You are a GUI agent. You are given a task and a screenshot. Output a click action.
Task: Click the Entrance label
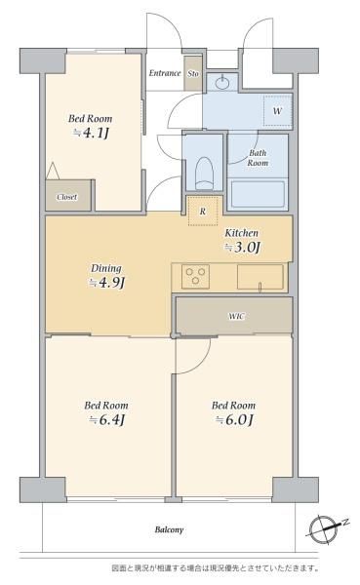(165, 73)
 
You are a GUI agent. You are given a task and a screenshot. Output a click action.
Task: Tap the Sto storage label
(193, 73)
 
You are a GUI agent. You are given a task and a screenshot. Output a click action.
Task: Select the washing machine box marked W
(277, 111)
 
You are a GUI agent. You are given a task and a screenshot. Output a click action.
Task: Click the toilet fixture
(204, 174)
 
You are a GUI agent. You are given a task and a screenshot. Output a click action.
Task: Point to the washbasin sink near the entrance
(222, 82)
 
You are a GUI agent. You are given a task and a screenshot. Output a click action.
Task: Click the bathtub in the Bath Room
(259, 194)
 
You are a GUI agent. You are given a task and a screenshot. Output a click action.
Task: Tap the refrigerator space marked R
(202, 211)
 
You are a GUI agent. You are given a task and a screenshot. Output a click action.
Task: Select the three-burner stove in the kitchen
(195, 277)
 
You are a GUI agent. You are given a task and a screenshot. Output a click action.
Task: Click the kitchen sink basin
(260, 277)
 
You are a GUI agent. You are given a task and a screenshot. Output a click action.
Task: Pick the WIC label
(236, 316)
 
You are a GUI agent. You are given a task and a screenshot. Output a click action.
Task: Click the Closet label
(67, 197)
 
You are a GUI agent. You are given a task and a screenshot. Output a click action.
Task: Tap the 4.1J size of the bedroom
(92, 133)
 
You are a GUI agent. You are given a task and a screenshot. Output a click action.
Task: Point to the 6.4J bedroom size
(106, 419)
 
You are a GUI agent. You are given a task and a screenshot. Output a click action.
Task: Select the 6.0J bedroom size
(234, 419)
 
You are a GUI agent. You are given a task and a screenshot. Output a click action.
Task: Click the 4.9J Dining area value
(106, 283)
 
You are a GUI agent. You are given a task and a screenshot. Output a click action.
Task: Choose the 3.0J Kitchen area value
(242, 248)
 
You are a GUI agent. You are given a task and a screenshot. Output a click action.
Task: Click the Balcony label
(169, 529)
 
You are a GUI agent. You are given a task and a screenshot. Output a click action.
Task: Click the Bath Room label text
(259, 158)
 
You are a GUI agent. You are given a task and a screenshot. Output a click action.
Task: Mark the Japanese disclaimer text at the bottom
(216, 568)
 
